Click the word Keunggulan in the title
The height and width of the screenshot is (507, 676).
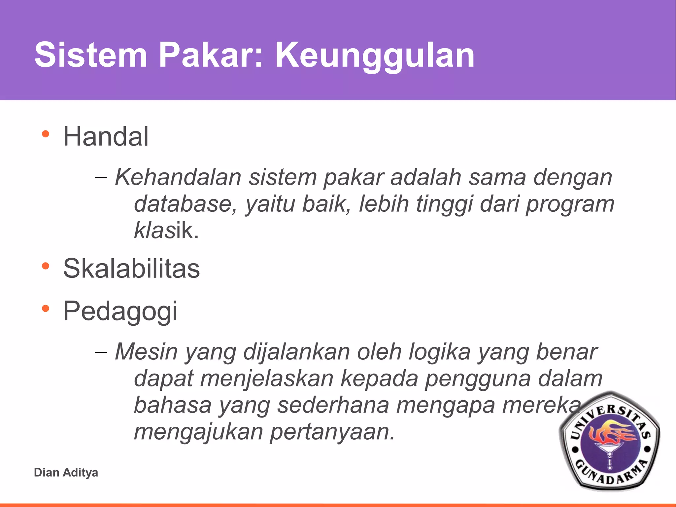click(x=375, y=55)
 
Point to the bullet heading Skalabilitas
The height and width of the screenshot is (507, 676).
click(x=131, y=268)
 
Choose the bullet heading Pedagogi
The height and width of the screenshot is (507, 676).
click(x=120, y=311)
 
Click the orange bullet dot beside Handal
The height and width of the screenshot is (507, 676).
click(x=46, y=134)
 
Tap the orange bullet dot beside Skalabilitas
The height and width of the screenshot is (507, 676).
click(x=46, y=266)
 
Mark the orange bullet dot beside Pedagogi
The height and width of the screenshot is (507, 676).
click(x=46, y=308)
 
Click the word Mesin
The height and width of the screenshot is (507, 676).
click(x=146, y=352)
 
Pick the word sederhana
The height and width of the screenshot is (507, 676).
click(x=333, y=405)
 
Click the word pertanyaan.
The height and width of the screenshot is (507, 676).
click(x=332, y=432)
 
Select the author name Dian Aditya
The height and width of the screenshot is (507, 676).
click(x=66, y=473)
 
